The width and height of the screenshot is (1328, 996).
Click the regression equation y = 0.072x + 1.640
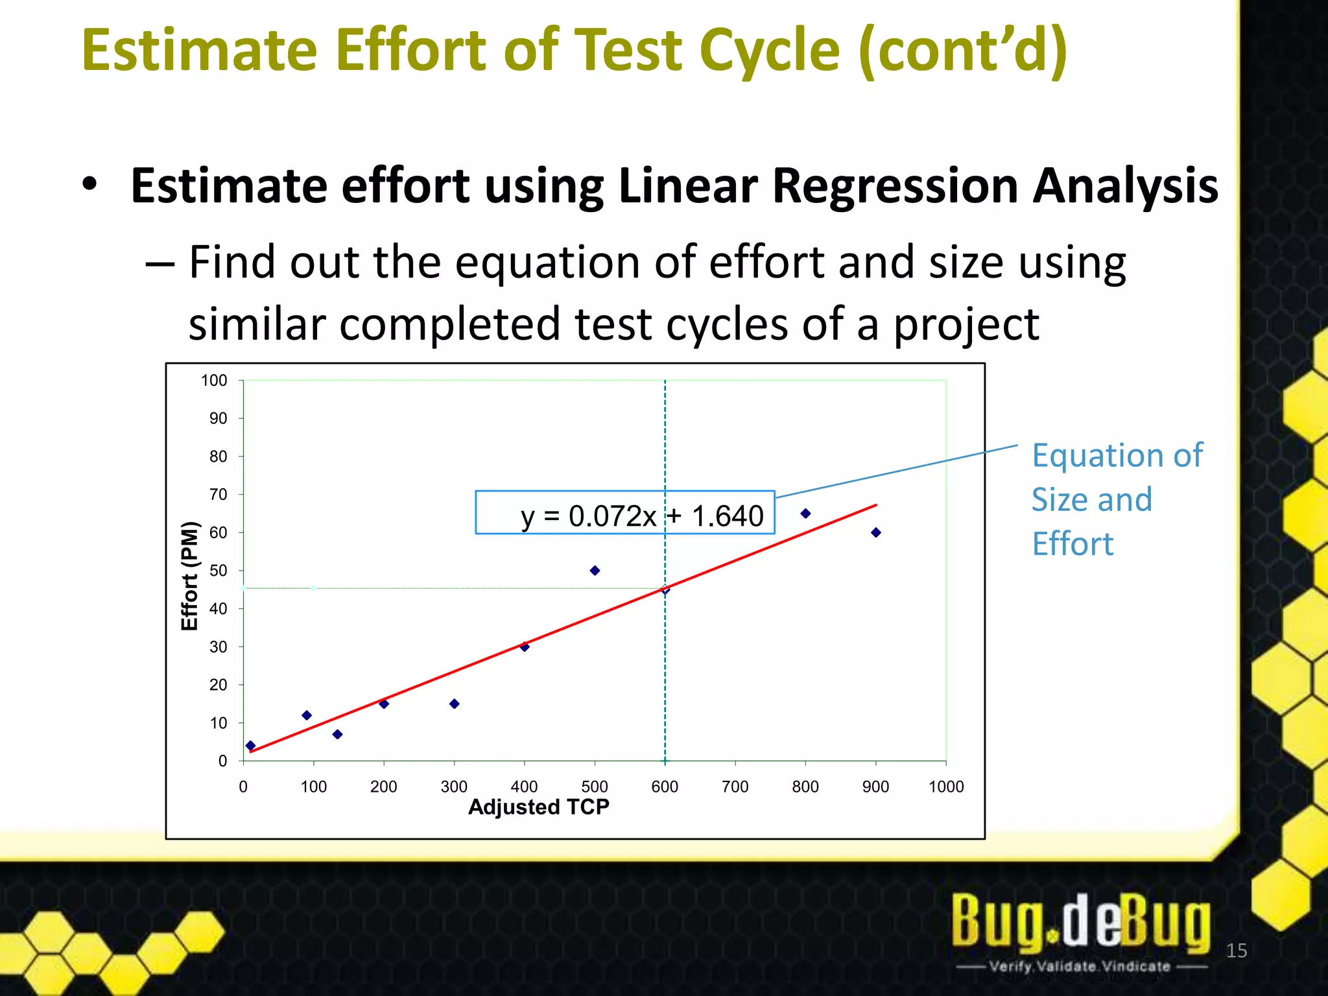[641, 516]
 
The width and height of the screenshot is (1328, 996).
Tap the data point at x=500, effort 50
[595, 571]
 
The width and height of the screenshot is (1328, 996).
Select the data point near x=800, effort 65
[805, 514]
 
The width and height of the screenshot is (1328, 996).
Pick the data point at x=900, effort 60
[876, 532]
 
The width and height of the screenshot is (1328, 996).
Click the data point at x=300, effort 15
[455, 704]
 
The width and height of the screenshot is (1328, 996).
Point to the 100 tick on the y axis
[214, 381]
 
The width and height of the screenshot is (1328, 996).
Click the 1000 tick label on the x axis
[946, 787]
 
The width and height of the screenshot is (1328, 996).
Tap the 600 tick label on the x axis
[665, 787]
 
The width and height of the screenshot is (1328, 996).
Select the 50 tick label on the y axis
[218, 571]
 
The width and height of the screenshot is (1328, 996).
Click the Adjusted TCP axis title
[538, 807]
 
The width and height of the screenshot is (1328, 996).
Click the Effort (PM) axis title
[189, 575]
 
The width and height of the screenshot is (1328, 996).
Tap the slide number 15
[1237, 951]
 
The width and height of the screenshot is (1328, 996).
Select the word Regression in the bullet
[894, 186]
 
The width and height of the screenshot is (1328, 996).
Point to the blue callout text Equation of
[1117, 455]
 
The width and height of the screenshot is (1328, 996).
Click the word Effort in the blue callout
[1073, 543]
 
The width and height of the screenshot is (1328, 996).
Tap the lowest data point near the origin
[251, 746]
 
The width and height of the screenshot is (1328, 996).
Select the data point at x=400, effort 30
[525, 646]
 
